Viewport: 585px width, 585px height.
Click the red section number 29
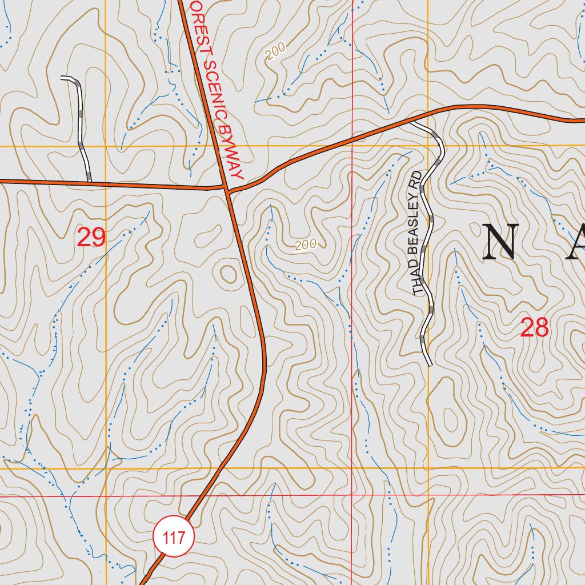point(91,237)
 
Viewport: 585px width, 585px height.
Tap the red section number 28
point(534,328)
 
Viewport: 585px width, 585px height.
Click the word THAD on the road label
point(418,283)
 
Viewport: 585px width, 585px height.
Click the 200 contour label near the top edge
point(275,53)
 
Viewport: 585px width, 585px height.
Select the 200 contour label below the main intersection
point(306,245)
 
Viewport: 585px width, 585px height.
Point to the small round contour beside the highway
point(229,275)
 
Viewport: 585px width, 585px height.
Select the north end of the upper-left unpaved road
point(63,78)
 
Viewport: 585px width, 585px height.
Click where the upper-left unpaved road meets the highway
point(90,182)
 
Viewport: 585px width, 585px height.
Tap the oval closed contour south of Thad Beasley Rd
point(450,420)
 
